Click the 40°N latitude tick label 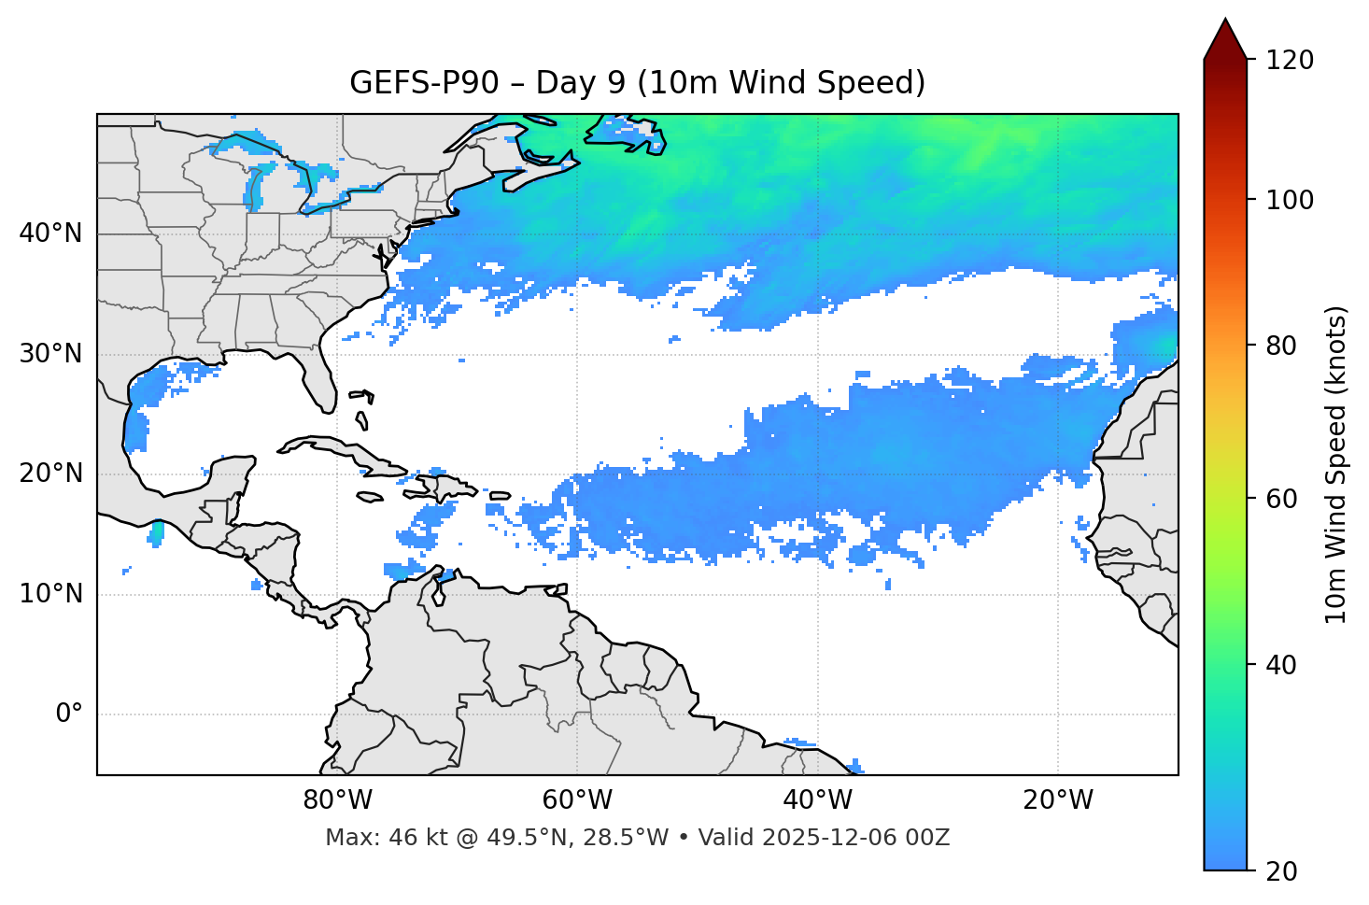50,233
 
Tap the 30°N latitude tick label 50,354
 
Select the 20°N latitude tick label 50,474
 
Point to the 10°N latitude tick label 50,594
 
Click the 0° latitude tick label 69,714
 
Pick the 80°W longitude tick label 337,800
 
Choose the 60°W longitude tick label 577,800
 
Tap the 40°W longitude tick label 818,800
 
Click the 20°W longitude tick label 1058,800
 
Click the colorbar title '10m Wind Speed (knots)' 1336,464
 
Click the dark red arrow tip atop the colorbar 1225,37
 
